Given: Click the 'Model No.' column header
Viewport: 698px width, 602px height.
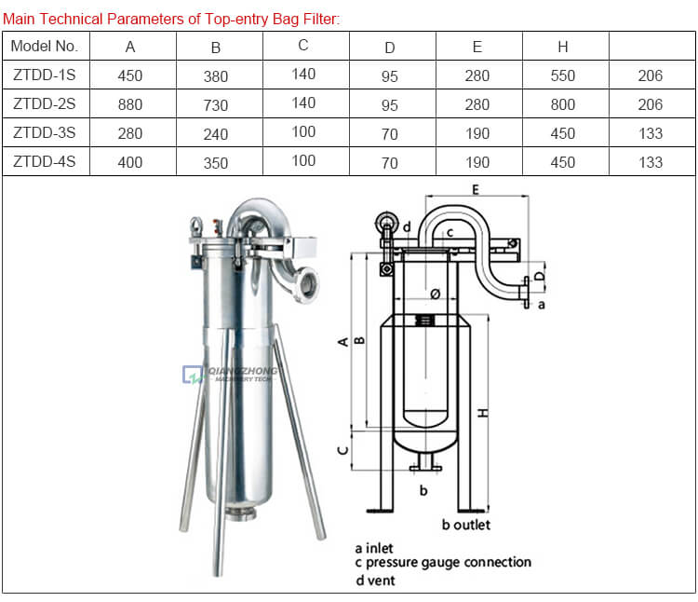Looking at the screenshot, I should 45,46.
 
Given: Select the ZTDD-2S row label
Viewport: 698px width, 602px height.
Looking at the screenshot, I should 45,104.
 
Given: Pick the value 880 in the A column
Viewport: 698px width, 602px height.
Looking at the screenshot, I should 130,104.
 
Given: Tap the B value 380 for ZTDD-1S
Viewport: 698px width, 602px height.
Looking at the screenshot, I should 215,76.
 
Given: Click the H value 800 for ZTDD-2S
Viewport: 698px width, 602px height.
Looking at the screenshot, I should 563,104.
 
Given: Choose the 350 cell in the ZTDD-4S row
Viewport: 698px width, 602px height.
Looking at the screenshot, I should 215,162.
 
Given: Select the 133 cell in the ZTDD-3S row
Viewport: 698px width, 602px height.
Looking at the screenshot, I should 651,133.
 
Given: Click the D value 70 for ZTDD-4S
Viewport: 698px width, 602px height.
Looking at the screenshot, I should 390,163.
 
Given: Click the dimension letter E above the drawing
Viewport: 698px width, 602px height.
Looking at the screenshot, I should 476,189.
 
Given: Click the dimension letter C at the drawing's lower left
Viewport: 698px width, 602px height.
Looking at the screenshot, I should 342,449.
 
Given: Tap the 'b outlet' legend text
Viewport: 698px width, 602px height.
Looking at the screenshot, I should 465,524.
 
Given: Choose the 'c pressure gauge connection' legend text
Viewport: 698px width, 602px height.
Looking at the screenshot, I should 442,562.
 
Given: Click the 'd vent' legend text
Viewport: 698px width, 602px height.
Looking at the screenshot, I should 374,580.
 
